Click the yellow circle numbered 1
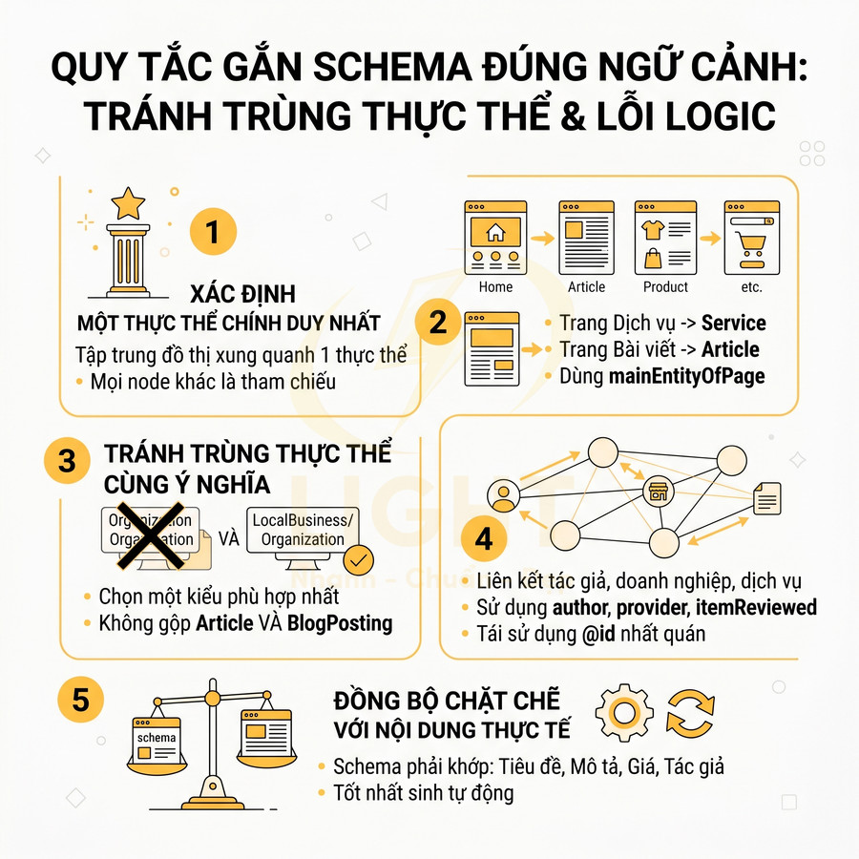(213, 233)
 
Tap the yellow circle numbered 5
(80, 701)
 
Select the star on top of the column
(128, 202)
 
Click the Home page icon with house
(494, 237)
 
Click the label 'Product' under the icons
(665, 286)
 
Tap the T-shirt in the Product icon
(654, 229)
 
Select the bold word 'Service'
(733, 324)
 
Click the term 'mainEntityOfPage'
(687, 375)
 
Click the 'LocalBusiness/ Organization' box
(303, 530)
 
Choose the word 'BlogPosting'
(341, 623)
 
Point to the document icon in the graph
(766, 496)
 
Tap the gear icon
(623, 712)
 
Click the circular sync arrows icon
(689, 712)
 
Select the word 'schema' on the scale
(157, 737)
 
